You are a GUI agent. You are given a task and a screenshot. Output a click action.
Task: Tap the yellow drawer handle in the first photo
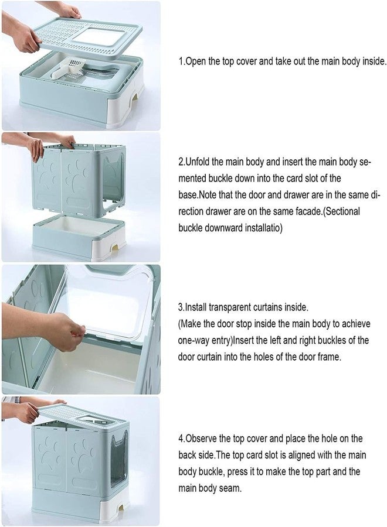tap(135, 97)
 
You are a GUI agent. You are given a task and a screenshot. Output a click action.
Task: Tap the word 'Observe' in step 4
tap(201, 438)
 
